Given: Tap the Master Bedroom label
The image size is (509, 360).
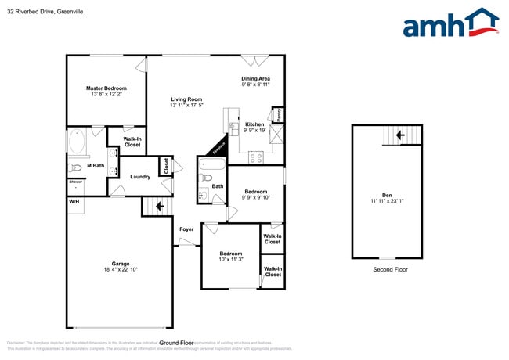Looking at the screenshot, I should (106, 88).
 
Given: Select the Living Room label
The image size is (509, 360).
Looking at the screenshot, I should (187, 99).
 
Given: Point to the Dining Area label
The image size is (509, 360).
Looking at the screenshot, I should (255, 79).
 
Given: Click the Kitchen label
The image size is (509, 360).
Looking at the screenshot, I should (254, 124).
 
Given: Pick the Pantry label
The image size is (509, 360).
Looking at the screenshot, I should (278, 115).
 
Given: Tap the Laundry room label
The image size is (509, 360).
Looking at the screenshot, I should (140, 177).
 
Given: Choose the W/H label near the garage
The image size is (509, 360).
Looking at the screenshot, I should (74, 202).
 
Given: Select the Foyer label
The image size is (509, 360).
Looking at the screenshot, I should (186, 229).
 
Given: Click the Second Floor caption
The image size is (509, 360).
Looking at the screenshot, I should (390, 269).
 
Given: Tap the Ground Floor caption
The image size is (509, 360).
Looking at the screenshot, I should (176, 343).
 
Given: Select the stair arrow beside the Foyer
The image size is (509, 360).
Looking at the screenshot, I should (160, 207).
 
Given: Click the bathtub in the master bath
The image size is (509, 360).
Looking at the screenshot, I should (78, 142).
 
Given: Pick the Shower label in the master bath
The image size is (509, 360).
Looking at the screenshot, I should (75, 182).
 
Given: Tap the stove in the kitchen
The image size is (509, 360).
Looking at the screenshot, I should (256, 157).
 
